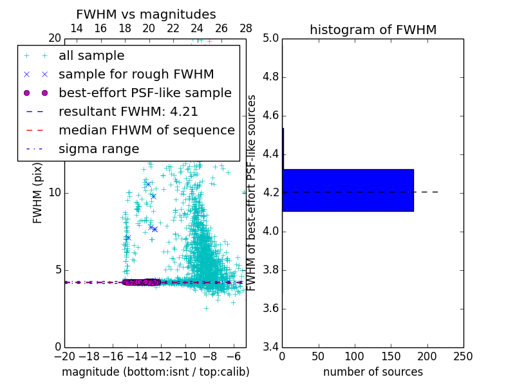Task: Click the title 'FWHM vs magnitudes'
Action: coord(146,14)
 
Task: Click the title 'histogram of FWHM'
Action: coord(373,30)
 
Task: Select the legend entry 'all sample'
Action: coord(91,56)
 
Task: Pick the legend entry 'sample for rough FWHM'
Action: coord(136,75)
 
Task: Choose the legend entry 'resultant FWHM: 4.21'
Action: coord(128,111)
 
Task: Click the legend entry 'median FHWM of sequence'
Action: coord(146,130)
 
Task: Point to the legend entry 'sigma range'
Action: coord(98,149)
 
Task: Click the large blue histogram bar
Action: coord(348,190)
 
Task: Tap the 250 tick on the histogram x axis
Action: coord(463,356)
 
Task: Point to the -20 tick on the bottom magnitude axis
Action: coord(64,356)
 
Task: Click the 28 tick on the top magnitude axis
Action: coord(246,28)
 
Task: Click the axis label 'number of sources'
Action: coord(373,372)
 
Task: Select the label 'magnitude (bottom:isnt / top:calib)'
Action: coord(155,372)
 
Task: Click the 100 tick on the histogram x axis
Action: coord(354,356)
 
